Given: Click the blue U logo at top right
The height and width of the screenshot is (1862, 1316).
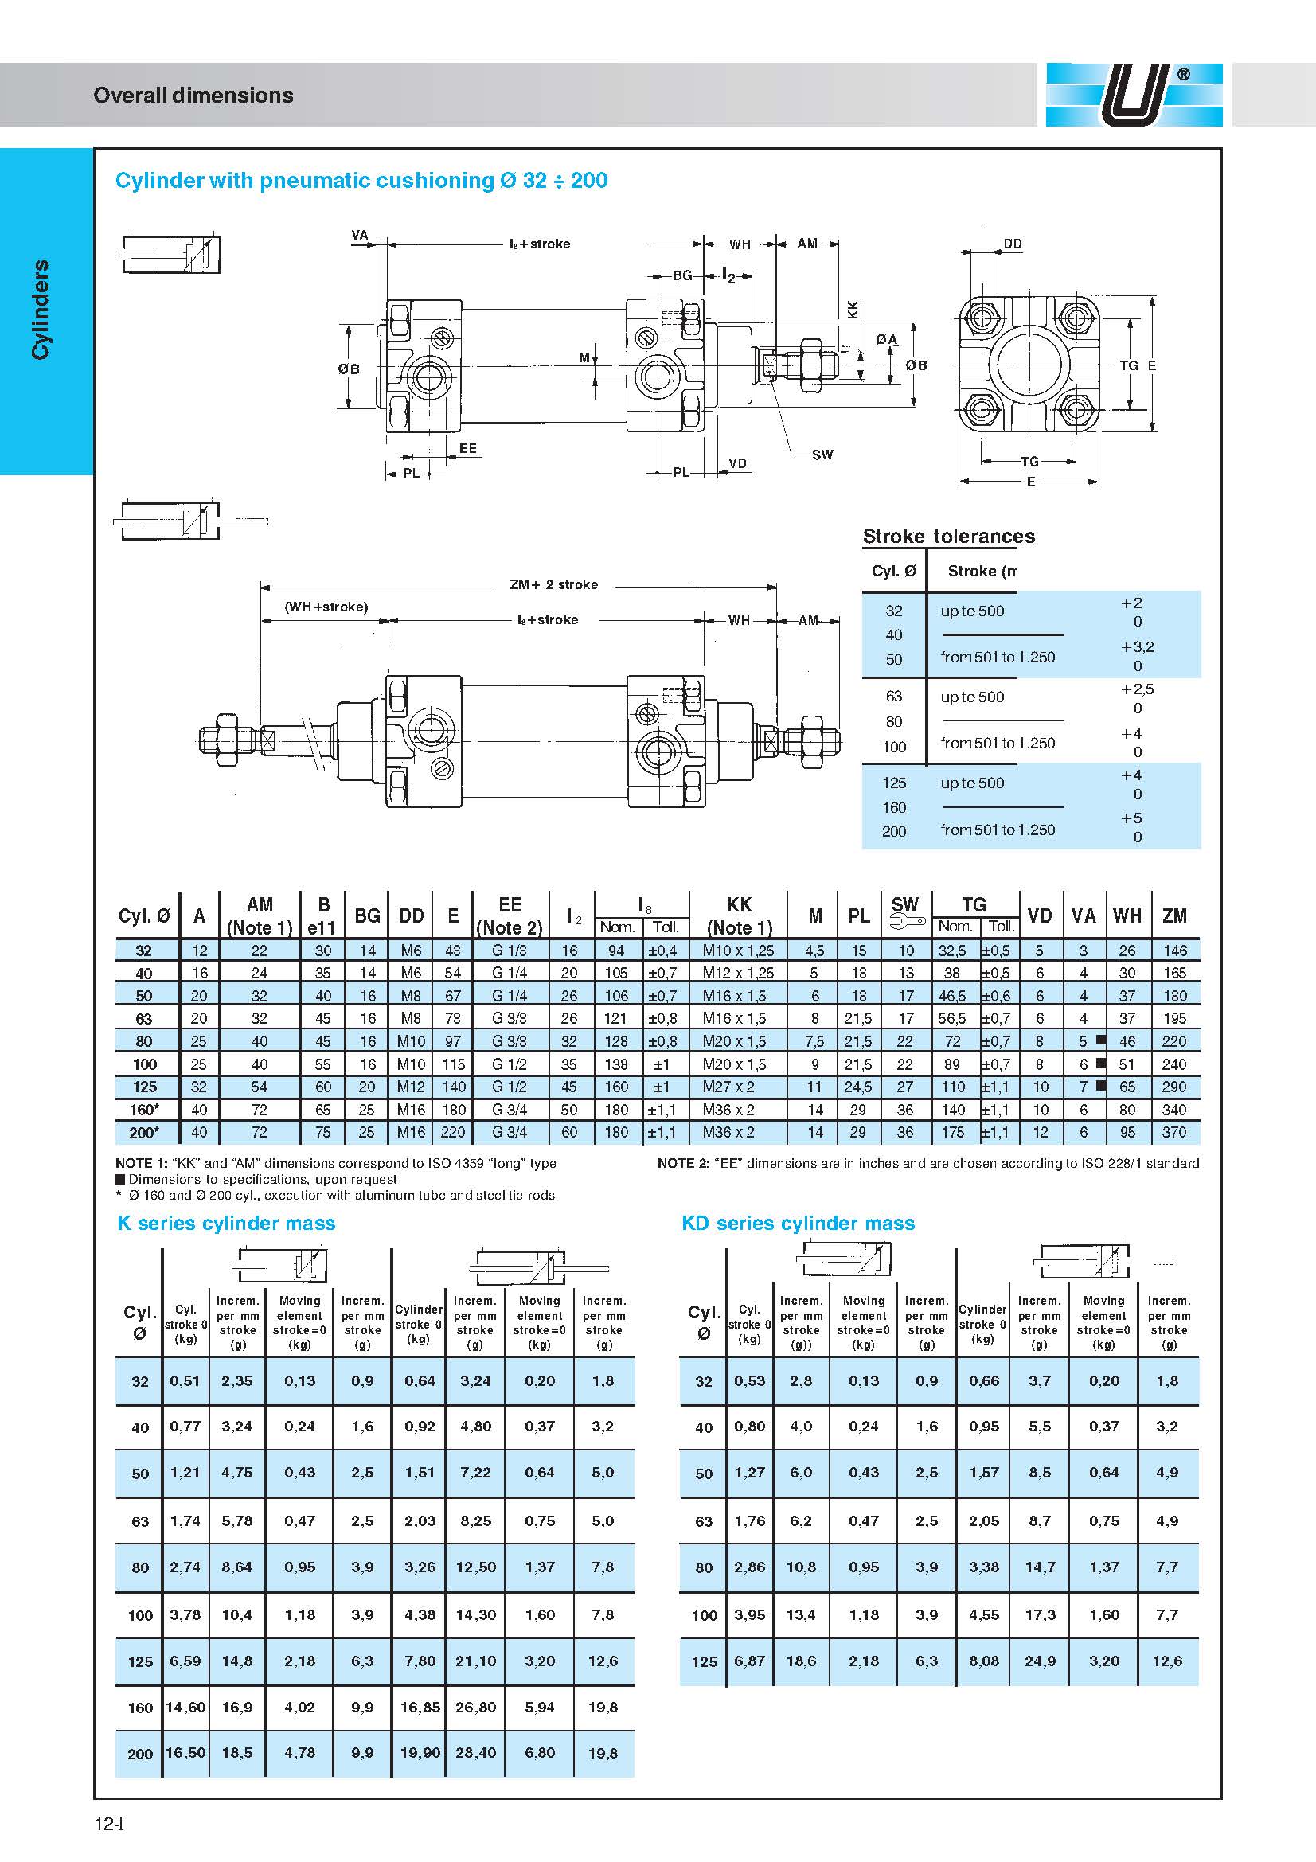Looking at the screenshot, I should pos(1134,95).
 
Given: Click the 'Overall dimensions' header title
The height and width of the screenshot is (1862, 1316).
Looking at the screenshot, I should pos(193,96).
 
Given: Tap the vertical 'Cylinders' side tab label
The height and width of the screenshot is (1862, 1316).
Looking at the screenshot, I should pos(40,309).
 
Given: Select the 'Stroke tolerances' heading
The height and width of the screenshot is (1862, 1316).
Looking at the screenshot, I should pos(949,536).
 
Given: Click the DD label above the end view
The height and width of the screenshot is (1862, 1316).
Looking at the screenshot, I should pos(1013,244).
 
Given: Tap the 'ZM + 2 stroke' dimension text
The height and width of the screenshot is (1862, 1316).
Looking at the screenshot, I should pos(554,585).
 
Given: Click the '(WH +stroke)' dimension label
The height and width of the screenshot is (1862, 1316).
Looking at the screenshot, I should pos(326,607).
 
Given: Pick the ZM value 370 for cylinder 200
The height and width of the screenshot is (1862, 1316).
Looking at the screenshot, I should pos(1174,1132).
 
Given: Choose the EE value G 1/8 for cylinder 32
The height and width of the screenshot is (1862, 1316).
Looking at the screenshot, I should pos(510,951).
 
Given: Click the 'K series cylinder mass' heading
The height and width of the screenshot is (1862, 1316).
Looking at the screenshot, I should pos(226,1223).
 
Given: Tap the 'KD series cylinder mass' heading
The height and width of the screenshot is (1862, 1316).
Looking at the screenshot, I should pos(798,1223).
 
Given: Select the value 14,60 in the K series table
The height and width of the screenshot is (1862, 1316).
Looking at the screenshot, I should pos(185,1707).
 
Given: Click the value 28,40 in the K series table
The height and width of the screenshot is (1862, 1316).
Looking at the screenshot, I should pos(476,1752).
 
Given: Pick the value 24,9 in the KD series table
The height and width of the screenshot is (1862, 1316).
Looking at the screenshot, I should pos(1040,1661).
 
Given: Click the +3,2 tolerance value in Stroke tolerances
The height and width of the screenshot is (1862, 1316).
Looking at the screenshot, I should pos(1138,647).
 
